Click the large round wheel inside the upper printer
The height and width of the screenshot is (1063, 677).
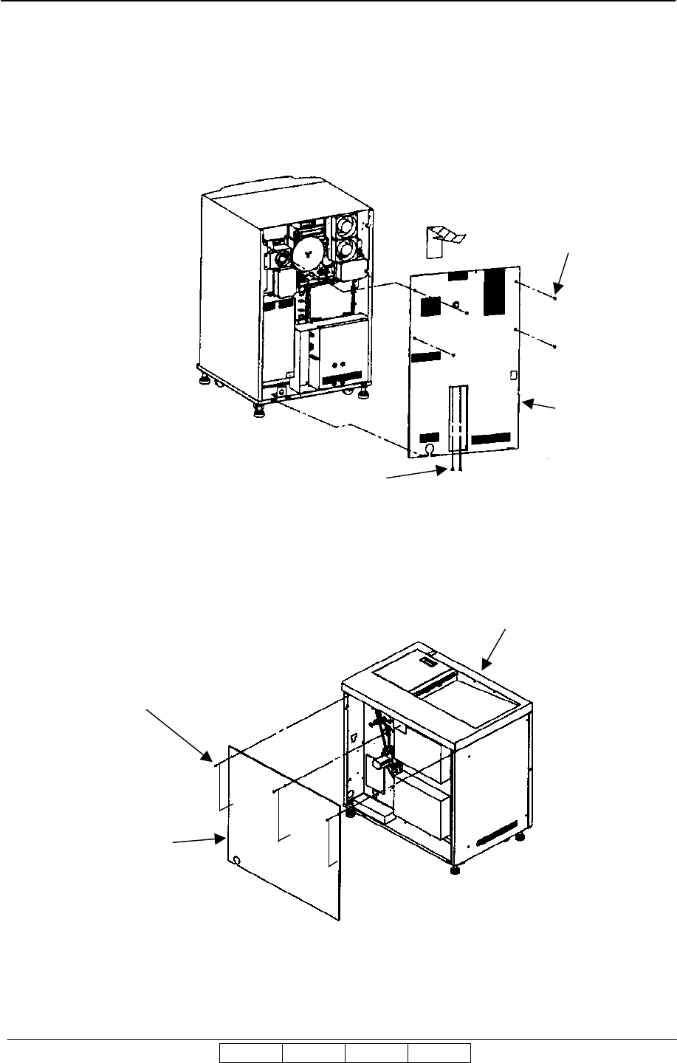[305, 255]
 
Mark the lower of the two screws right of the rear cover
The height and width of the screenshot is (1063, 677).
[554, 346]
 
